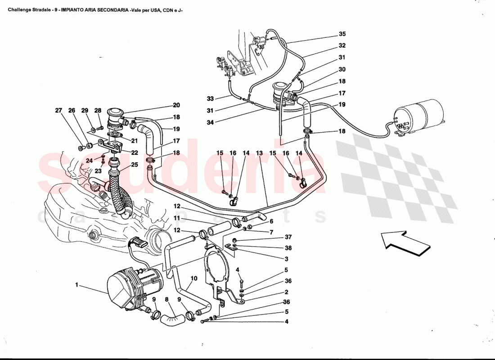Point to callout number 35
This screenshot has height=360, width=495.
pos(342,34)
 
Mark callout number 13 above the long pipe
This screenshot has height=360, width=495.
pos(259,153)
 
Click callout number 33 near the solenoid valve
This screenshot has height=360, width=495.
pos(210,99)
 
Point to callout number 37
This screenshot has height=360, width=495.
pos(288,238)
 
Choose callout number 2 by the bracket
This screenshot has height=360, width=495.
pos(287,292)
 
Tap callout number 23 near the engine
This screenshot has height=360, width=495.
pos(98,171)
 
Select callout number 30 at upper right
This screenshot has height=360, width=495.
pos(342,70)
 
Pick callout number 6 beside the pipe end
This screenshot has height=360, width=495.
pos(271,221)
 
